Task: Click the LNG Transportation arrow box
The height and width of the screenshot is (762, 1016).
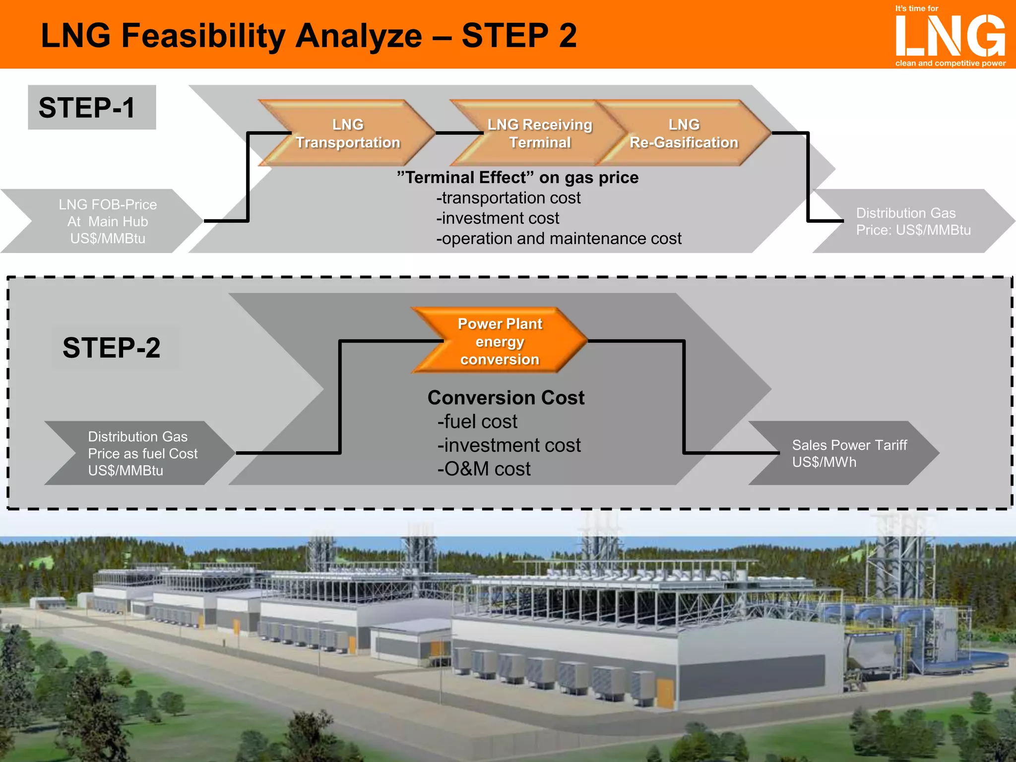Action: pyautogui.click(x=348, y=133)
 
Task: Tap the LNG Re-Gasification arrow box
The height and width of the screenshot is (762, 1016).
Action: pyautogui.click(x=684, y=133)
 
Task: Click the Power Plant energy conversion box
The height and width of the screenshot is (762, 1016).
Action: pyautogui.click(x=500, y=341)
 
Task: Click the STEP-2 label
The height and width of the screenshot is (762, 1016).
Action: pyautogui.click(x=112, y=347)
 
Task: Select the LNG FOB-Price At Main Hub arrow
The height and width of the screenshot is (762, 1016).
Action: pyautogui.click(x=107, y=221)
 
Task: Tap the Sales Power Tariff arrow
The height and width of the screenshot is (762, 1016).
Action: pyautogui.click(x=849, y=453)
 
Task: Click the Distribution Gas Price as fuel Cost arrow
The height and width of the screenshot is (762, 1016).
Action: pyautogui.click(x=142, y=453)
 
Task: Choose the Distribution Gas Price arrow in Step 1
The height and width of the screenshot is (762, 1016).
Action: pyautogui.click(x=913, y=221)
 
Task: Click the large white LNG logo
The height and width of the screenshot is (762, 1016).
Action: pyautogui.click(x=950, y=36)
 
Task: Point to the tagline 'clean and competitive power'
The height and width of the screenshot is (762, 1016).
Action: pyautogui.click(x=950, y=63)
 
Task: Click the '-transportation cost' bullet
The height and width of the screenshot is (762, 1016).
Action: pyautogui.click(x=508, y=198)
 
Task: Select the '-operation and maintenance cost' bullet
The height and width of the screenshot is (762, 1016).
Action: pyautogui.click(x=559, y=239)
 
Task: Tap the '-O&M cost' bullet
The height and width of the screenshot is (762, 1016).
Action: pyautogui.click(x=484, y=469)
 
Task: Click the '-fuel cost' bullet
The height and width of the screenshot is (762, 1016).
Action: pyautogui.click(x=477, y=422)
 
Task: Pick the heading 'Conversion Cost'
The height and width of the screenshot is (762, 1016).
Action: pyautogui.click(x=506, y=398)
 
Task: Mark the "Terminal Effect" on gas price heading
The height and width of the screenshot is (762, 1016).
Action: pyautogui.click(x=518, y=178)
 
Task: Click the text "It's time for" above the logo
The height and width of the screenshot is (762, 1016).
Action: pyautogui.click(x=916, y=8)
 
